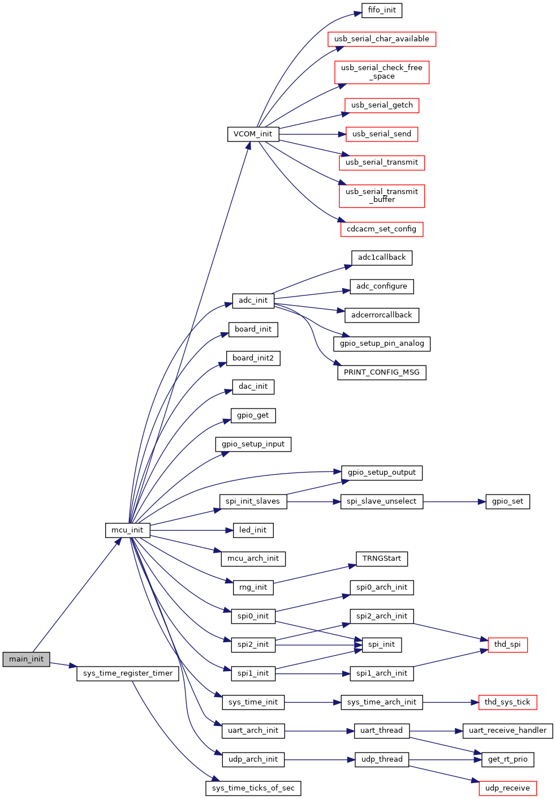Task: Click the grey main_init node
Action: click(x=26, y=659)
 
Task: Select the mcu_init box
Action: click(x=127, y=530)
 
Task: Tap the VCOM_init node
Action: click(x=253, y=134)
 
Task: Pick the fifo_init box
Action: click(x=382, y=10)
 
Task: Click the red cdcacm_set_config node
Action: click(x=381, y=229)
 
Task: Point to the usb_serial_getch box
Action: click(x=382, y=105)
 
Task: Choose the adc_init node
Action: click(x=253, y=300)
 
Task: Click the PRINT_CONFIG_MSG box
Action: click(x=382, y=372)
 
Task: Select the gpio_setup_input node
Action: click(x=253, y=444)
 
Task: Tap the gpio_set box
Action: click(x=507, y=501)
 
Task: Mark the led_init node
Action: click(x=253, y=530)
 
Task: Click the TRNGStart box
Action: click(x=382, y=559)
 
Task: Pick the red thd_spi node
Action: click(x=507, y=645)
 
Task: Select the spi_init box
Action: click(x=381, y=645)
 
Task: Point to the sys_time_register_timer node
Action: click(x=128, y=673)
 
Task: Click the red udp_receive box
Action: click(x=507, y=788)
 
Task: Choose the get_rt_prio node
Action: click(x=507, y=759)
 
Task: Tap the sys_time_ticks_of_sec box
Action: click(x=253, y=788)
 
